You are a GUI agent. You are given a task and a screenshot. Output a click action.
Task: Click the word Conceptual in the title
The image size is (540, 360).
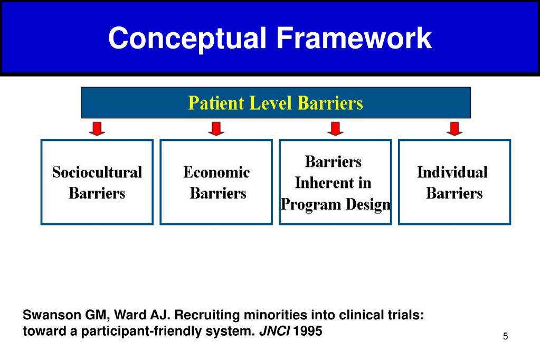[x=188, y=39]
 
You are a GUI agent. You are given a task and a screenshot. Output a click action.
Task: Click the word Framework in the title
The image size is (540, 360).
[x=354, y=39]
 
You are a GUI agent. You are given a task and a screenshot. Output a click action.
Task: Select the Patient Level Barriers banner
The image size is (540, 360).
[x=276, y=102]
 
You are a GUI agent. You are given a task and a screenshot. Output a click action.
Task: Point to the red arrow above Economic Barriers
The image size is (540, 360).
[x=216, y=128]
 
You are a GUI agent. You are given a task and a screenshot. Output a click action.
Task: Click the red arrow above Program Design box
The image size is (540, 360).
[x=335, y=128]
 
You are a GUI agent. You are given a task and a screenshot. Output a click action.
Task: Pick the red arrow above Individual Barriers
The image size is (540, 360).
[x=454, y=128]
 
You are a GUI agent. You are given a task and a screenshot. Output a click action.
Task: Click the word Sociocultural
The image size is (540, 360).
[x=97, y=172]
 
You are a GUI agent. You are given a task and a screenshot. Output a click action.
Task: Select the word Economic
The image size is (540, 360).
[x=216, y=172]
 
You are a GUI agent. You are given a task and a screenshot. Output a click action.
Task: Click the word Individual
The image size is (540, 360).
[x=452, y=172]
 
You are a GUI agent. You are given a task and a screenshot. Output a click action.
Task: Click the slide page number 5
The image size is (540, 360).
[x=505, y=337]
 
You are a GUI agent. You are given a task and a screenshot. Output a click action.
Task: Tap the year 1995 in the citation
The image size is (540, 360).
[x=307, y=333]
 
